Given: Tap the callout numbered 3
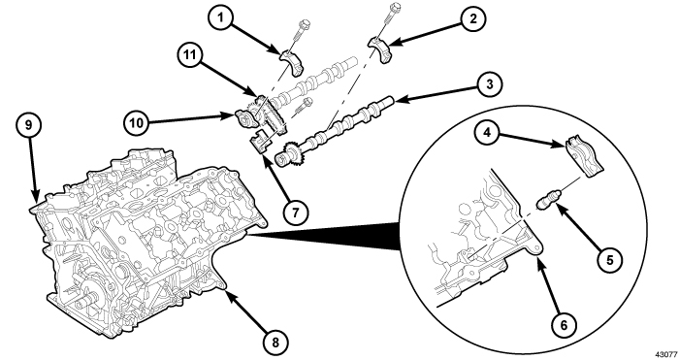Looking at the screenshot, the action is coord(489,84).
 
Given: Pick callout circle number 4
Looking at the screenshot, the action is coord(488,132).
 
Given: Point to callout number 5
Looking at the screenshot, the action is coord(610,259).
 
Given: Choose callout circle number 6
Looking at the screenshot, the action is coord(564,324).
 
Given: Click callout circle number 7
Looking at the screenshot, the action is coord(295,213).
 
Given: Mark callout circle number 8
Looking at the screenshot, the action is coord(275,343).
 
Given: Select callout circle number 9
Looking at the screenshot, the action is coord(28,125).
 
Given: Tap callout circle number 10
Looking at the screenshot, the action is coord(137,122).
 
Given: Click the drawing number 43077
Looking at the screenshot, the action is coord(666,354).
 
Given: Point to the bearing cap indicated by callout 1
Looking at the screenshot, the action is coord(292,61).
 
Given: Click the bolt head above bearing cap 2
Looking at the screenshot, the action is coord(395,7).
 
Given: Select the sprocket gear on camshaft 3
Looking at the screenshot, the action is coord(287,156).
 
